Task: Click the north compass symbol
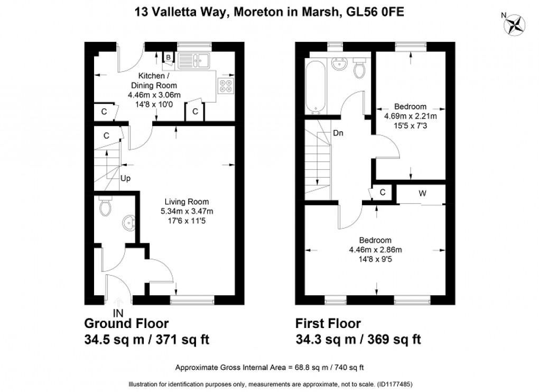(x=515, y=25)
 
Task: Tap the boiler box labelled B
(x=168, y=57)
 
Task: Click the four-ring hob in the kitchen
(x=226, y=86)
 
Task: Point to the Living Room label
(x=187, y=202)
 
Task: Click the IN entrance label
(x=118, y=313)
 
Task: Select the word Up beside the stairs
(x=125, y=178)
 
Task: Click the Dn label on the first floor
(x=338, y=133)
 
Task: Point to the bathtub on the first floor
(x=315, y=87)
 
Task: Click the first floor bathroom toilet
(x=360, y=68)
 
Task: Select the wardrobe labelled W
(x=422, y=194)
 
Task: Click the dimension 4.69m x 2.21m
(x=411, y=116)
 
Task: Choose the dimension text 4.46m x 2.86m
(x=375, y=250)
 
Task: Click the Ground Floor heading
(x=126, y=324)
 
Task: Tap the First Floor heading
(x=328, y=324)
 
